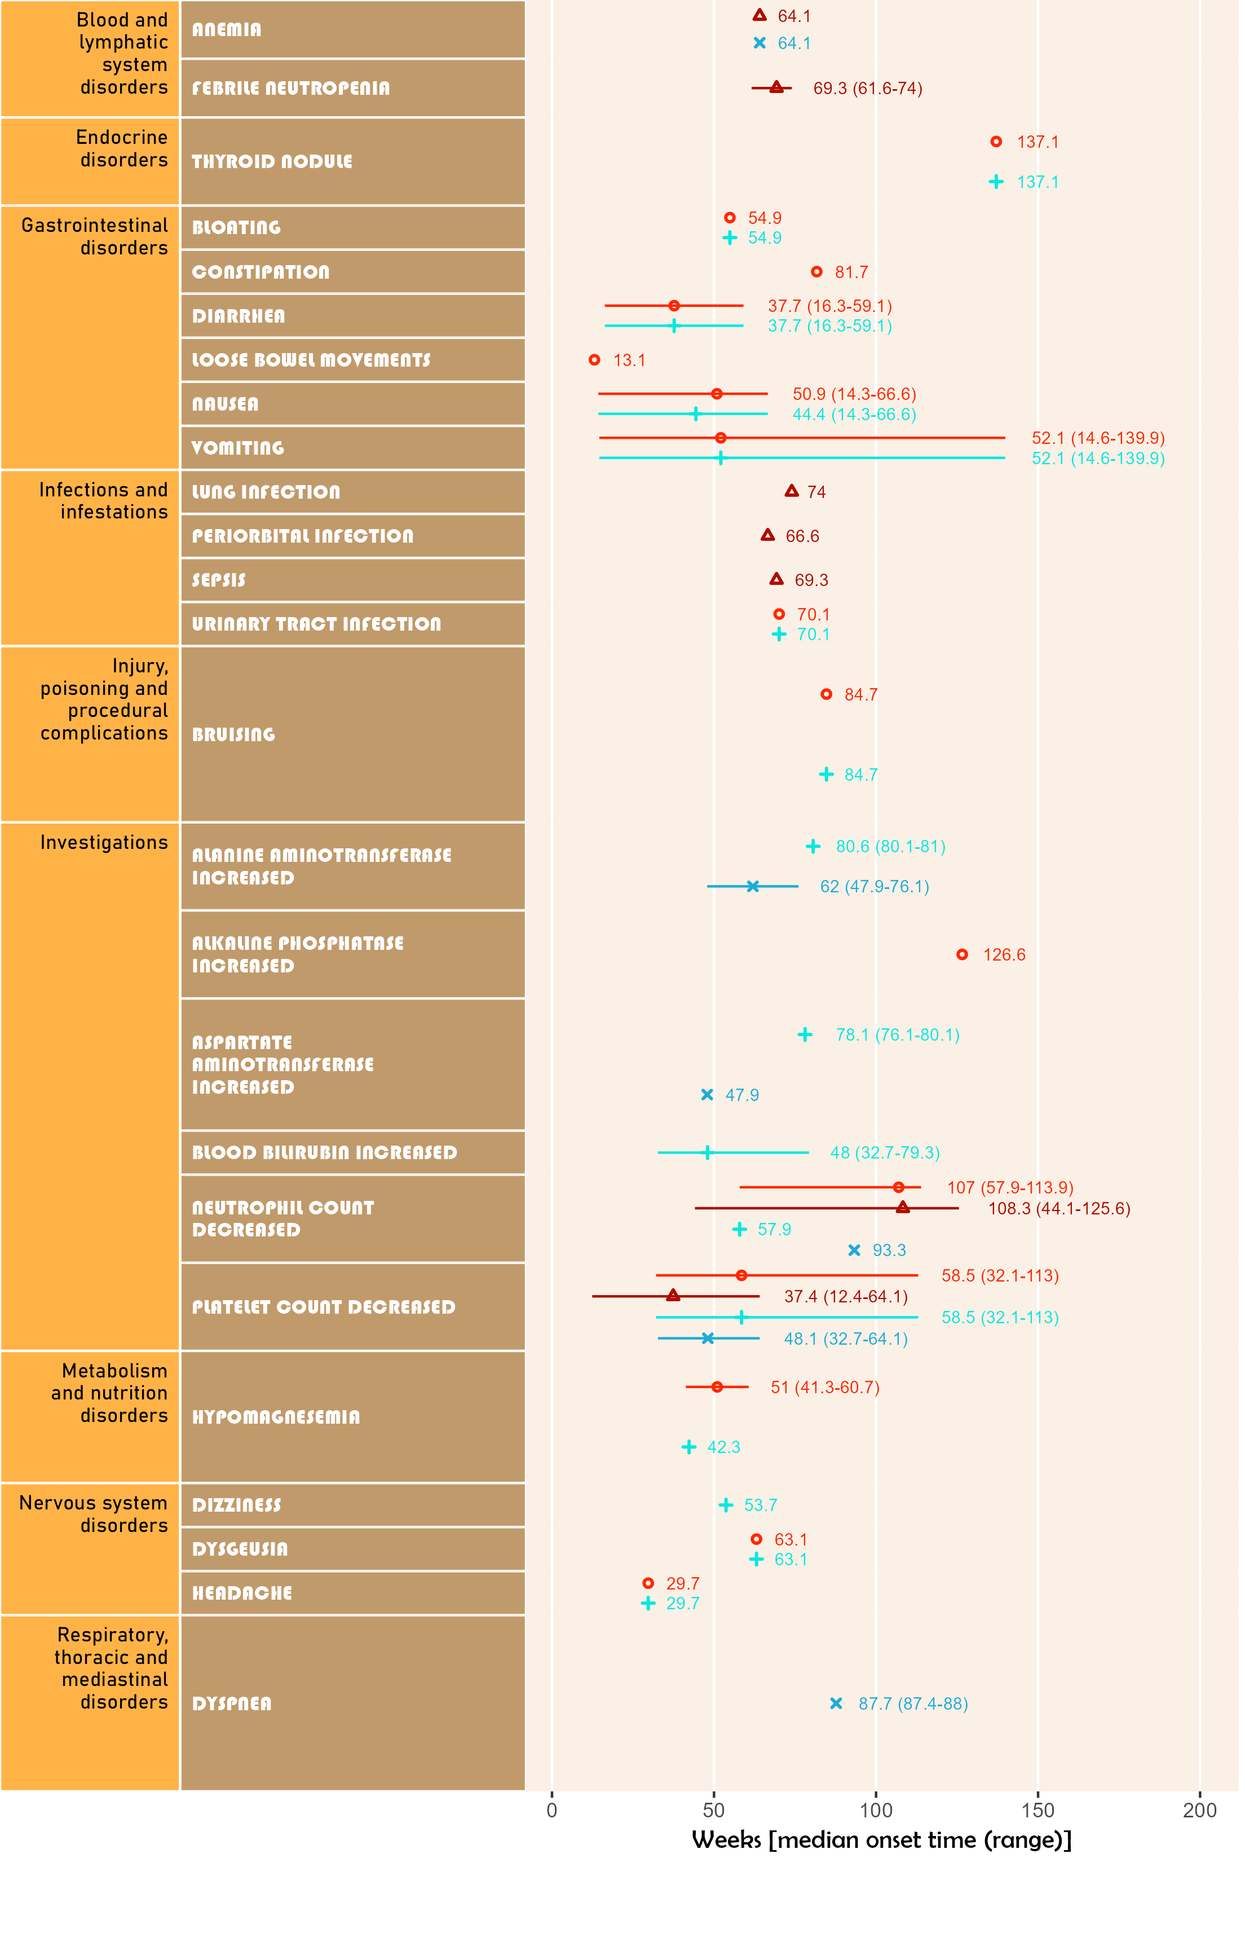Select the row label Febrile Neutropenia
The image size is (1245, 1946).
click(x=290, y=88)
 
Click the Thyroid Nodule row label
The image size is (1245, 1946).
click(x=272, y=162)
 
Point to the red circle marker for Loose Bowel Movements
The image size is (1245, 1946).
click(x=594, y=360)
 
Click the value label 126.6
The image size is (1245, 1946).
click(x=1003, y=955)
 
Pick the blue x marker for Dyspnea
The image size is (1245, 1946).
click(x=836, y=1703)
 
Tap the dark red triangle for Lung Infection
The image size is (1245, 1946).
click(x=792, y=491)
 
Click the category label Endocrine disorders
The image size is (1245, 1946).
click(x=122, y=149)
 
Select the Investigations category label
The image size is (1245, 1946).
click(x=104, y=843)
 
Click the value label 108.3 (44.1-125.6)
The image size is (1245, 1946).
click(x=1059, y=1209)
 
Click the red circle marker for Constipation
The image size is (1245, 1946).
click(x=816, y=272)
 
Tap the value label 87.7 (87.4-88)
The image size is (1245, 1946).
click(x=913, y=1703)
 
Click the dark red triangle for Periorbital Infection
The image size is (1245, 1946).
click(x=768, y=535)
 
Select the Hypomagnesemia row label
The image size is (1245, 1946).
click(x=276, y=1417)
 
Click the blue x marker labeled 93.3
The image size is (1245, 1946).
click(x=854, y=1250)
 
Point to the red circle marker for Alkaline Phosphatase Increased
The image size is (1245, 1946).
click(x=962, y=955)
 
